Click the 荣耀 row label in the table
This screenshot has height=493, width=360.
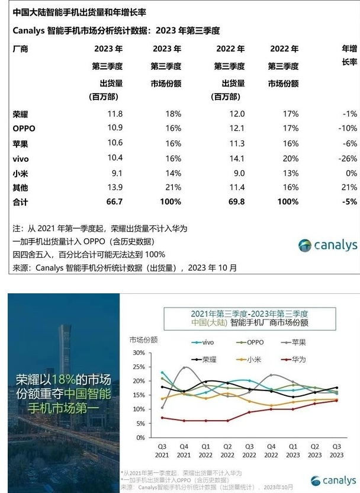coord(20,114)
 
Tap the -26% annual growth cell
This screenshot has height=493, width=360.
coord(345,158)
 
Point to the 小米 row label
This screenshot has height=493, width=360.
coord(20,173)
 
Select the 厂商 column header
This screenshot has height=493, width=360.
coord(20,49)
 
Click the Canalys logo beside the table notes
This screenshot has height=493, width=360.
coord(327,245)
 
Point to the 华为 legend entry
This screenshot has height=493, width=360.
coord(298,359)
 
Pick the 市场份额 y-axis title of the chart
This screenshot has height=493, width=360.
coord(144,340)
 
